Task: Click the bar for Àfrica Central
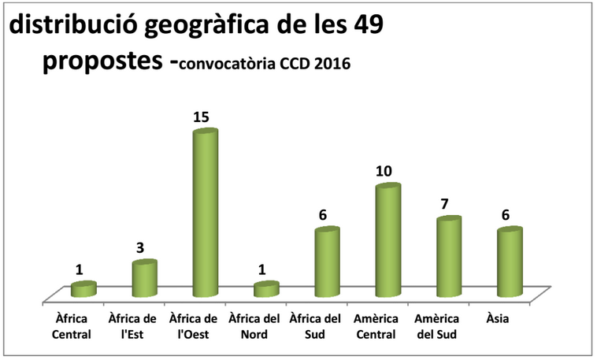point(83,289)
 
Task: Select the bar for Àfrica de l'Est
point(144,279)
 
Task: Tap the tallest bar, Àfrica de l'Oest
point(206,213)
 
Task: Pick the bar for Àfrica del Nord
point(266,289)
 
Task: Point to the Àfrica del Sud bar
point(327,262)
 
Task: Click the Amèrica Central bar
point(388,241)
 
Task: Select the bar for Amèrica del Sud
point(449,257)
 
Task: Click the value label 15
point(201,117)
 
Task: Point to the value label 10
point(384,171)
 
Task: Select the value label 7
point(444,204)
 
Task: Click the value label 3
point(140,248)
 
